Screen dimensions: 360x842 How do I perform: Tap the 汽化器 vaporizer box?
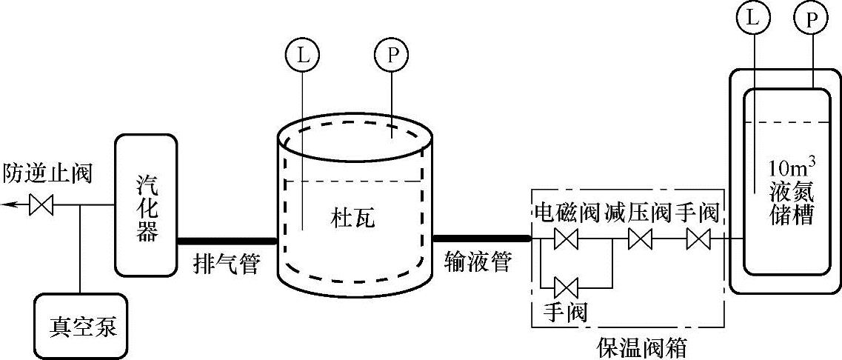pyautogui.click(x=146, y=203)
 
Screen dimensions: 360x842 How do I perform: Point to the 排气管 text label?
pyautogui.click(x=227, y=263)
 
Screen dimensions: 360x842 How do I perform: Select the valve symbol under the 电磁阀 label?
pyautogui.click(x=568, y=239)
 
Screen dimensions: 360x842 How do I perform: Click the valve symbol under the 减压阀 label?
pyautogui.click(x=638, y=239)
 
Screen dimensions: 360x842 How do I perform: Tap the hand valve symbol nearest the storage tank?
pyautogui.click(x=698, y=239)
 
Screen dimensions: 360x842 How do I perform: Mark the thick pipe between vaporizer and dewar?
pyautogui.click(x=227, y=239)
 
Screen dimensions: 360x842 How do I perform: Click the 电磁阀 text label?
pyautogui.click(x=567, y=214)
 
